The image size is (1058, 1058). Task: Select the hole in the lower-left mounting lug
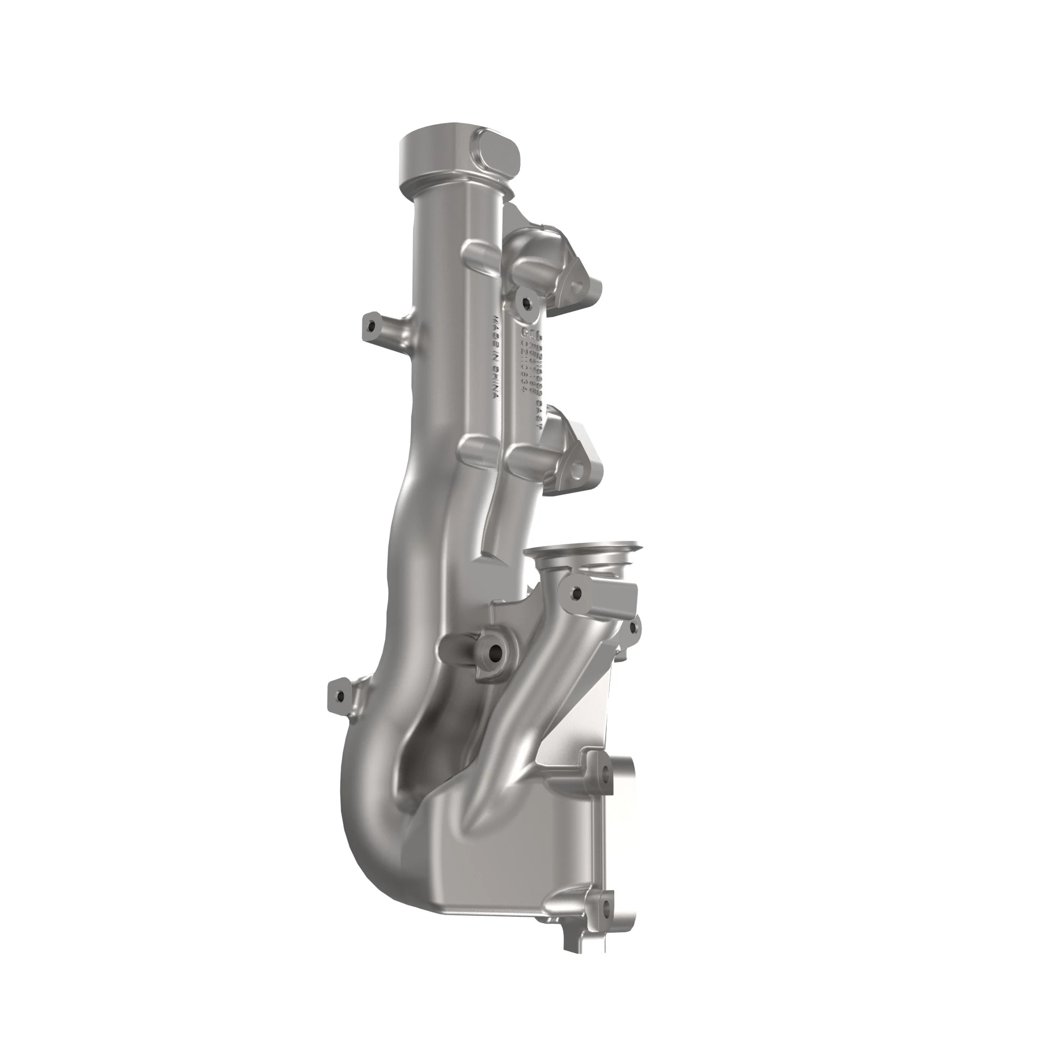tap(341, 696)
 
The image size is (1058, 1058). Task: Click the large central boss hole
tap(495, 652)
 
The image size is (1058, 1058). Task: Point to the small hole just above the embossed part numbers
tap(527, 301)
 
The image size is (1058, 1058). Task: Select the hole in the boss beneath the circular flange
tap(575, 592)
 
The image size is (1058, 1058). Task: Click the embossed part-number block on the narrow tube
tap(529, 364)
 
